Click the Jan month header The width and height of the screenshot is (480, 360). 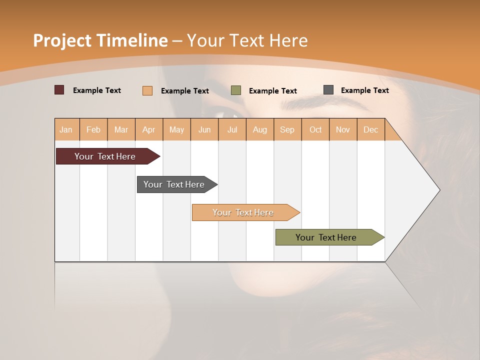(x=66, y=129)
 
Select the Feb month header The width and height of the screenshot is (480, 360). (x=93, y=129)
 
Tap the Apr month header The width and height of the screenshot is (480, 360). (x=149, y=129)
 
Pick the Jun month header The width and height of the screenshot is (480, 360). (x=204, y=129)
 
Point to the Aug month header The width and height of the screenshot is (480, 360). (x=260, y=129)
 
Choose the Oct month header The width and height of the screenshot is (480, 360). (x=315, y=129)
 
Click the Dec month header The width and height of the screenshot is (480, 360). (x=371, y=129)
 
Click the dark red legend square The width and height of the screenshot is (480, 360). (x=59, y=90)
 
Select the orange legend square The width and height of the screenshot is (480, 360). (x=147, y=90)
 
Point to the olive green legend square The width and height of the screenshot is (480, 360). (x=236, y=90)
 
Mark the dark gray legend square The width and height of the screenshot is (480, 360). (x=328, y=90)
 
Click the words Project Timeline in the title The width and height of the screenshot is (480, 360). (x=100, y=40)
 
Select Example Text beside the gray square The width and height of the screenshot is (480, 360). (x=364, y=90)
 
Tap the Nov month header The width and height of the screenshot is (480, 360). (x=343, y=129)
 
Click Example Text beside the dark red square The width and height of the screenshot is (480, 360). (x=97, y=90)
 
